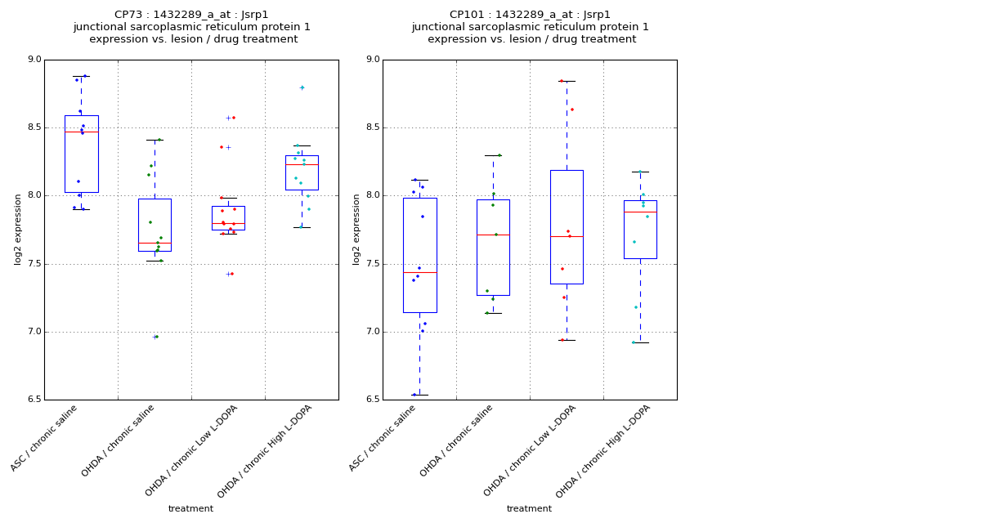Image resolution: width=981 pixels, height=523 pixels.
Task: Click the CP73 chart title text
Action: click(x=191, y=27)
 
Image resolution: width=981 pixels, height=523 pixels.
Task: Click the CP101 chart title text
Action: click(x=530, y=27)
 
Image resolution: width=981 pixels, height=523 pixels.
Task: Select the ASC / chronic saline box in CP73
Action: click(x=81, y=154)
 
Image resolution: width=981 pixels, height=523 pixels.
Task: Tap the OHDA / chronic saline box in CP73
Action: click(x=155, y=225)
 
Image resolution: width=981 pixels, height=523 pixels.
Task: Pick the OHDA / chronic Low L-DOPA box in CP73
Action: click(x=228, y=218)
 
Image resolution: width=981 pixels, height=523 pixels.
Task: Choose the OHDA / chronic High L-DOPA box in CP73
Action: click(x=302, y=172)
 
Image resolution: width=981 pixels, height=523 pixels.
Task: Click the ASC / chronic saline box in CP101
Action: click(x=419, y=255)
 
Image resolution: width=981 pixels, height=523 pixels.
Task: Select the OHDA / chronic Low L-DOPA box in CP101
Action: click(x=567, y=227)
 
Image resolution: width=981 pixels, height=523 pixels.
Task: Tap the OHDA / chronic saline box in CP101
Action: click(x=493, y=248)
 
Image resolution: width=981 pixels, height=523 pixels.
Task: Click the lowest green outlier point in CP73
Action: click(x=156, y=337)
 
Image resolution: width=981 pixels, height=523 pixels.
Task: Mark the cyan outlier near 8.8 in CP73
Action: click(x=302, y=87)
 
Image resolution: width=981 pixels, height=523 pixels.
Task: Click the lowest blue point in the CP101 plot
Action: click(x=414, y=395)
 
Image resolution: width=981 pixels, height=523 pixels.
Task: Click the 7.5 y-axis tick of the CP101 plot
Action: click(x=372, y=264)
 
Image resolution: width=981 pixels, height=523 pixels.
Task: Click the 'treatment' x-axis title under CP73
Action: click(x=190, y=509)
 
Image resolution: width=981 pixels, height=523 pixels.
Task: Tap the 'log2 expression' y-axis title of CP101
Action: click(x=356, y=229)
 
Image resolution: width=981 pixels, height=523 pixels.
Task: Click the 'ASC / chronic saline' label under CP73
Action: click(x=45, y=438)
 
